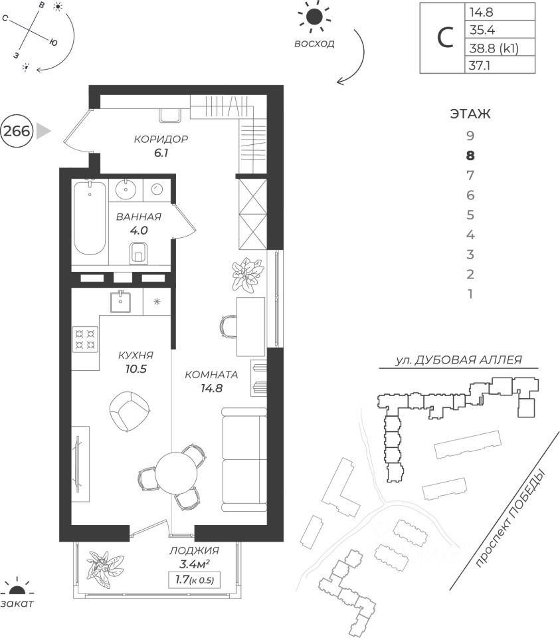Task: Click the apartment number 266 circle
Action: [17, 131]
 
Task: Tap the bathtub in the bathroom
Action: [89, 217]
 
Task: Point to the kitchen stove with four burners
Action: [84, 338]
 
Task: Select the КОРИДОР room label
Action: [161, 140]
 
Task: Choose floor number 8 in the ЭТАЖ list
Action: [470, 156]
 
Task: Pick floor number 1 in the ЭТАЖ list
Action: [470, 294]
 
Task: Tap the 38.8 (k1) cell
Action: [493, 47]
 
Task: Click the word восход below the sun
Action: [314, 44]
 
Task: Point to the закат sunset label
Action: [17, 603]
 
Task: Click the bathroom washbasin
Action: [125, 189]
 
